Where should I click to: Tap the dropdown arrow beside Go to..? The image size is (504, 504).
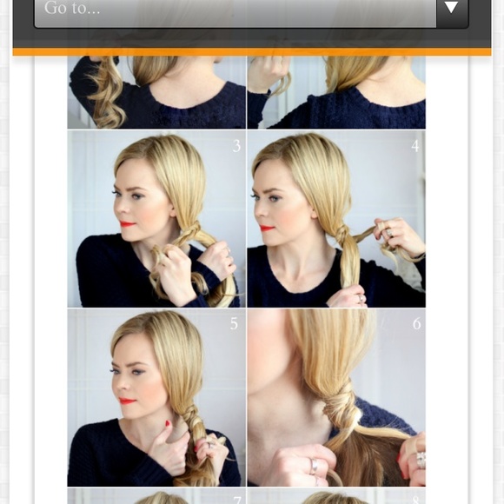451,7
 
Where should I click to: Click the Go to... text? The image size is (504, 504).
72,8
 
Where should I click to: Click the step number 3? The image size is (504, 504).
236,146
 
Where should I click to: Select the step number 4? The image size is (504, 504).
415,146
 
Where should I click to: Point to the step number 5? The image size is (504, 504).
234,323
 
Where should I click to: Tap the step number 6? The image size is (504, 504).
416,323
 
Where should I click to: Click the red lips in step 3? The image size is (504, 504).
127,223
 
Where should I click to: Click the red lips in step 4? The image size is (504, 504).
267,228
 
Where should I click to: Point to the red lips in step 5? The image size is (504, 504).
127,401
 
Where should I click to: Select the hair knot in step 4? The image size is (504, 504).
342,232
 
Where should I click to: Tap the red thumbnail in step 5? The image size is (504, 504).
168,423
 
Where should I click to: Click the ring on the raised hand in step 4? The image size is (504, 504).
389,232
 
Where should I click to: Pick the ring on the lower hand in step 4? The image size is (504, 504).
361,298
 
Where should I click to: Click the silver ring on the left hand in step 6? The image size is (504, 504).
313,466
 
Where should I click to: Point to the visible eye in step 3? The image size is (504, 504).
137,196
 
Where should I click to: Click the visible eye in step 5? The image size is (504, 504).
139,372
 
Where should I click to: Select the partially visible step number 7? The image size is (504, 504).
237,501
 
